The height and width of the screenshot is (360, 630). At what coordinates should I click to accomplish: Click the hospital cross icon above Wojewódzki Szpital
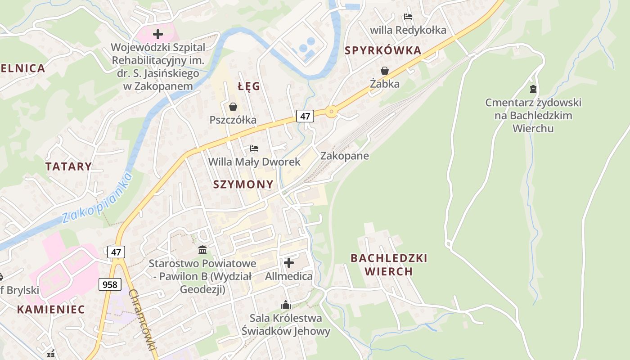[157, 34]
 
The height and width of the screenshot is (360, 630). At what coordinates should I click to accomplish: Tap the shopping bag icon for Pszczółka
[233, 107]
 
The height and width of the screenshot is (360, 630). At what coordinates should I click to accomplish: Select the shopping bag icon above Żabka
[385, 71]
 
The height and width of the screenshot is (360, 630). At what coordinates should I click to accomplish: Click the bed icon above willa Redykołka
[408, 17]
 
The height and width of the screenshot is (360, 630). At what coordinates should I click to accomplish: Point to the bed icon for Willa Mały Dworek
[254, 148]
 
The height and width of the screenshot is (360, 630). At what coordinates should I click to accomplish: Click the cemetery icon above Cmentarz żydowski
[533, 89]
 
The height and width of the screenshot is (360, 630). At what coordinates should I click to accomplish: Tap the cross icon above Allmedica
[289, 262]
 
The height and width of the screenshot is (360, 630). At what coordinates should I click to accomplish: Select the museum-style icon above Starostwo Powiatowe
[202, 250]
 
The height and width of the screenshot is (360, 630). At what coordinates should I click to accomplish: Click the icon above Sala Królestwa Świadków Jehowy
[285, 305]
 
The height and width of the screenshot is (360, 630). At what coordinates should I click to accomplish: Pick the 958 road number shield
[109, 284]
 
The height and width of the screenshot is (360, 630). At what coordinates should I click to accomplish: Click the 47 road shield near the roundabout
[305, 116]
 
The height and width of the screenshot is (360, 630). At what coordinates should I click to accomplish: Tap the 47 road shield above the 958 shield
[116, 252]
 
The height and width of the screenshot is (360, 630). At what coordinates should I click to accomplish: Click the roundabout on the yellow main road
[332, 112]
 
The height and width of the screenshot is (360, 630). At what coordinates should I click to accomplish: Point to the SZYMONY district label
[243, 184]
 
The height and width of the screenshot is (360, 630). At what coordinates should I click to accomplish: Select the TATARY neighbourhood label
[68, 166]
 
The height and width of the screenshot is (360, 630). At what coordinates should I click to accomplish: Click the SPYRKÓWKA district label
[383, 50]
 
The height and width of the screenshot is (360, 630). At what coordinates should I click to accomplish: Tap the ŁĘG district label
[249, 86]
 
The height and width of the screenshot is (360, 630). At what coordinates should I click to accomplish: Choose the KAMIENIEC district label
[51, 309]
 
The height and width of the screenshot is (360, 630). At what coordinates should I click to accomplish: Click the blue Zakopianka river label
[97, 198]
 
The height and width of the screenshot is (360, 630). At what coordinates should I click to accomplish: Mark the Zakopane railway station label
[344, 156]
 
